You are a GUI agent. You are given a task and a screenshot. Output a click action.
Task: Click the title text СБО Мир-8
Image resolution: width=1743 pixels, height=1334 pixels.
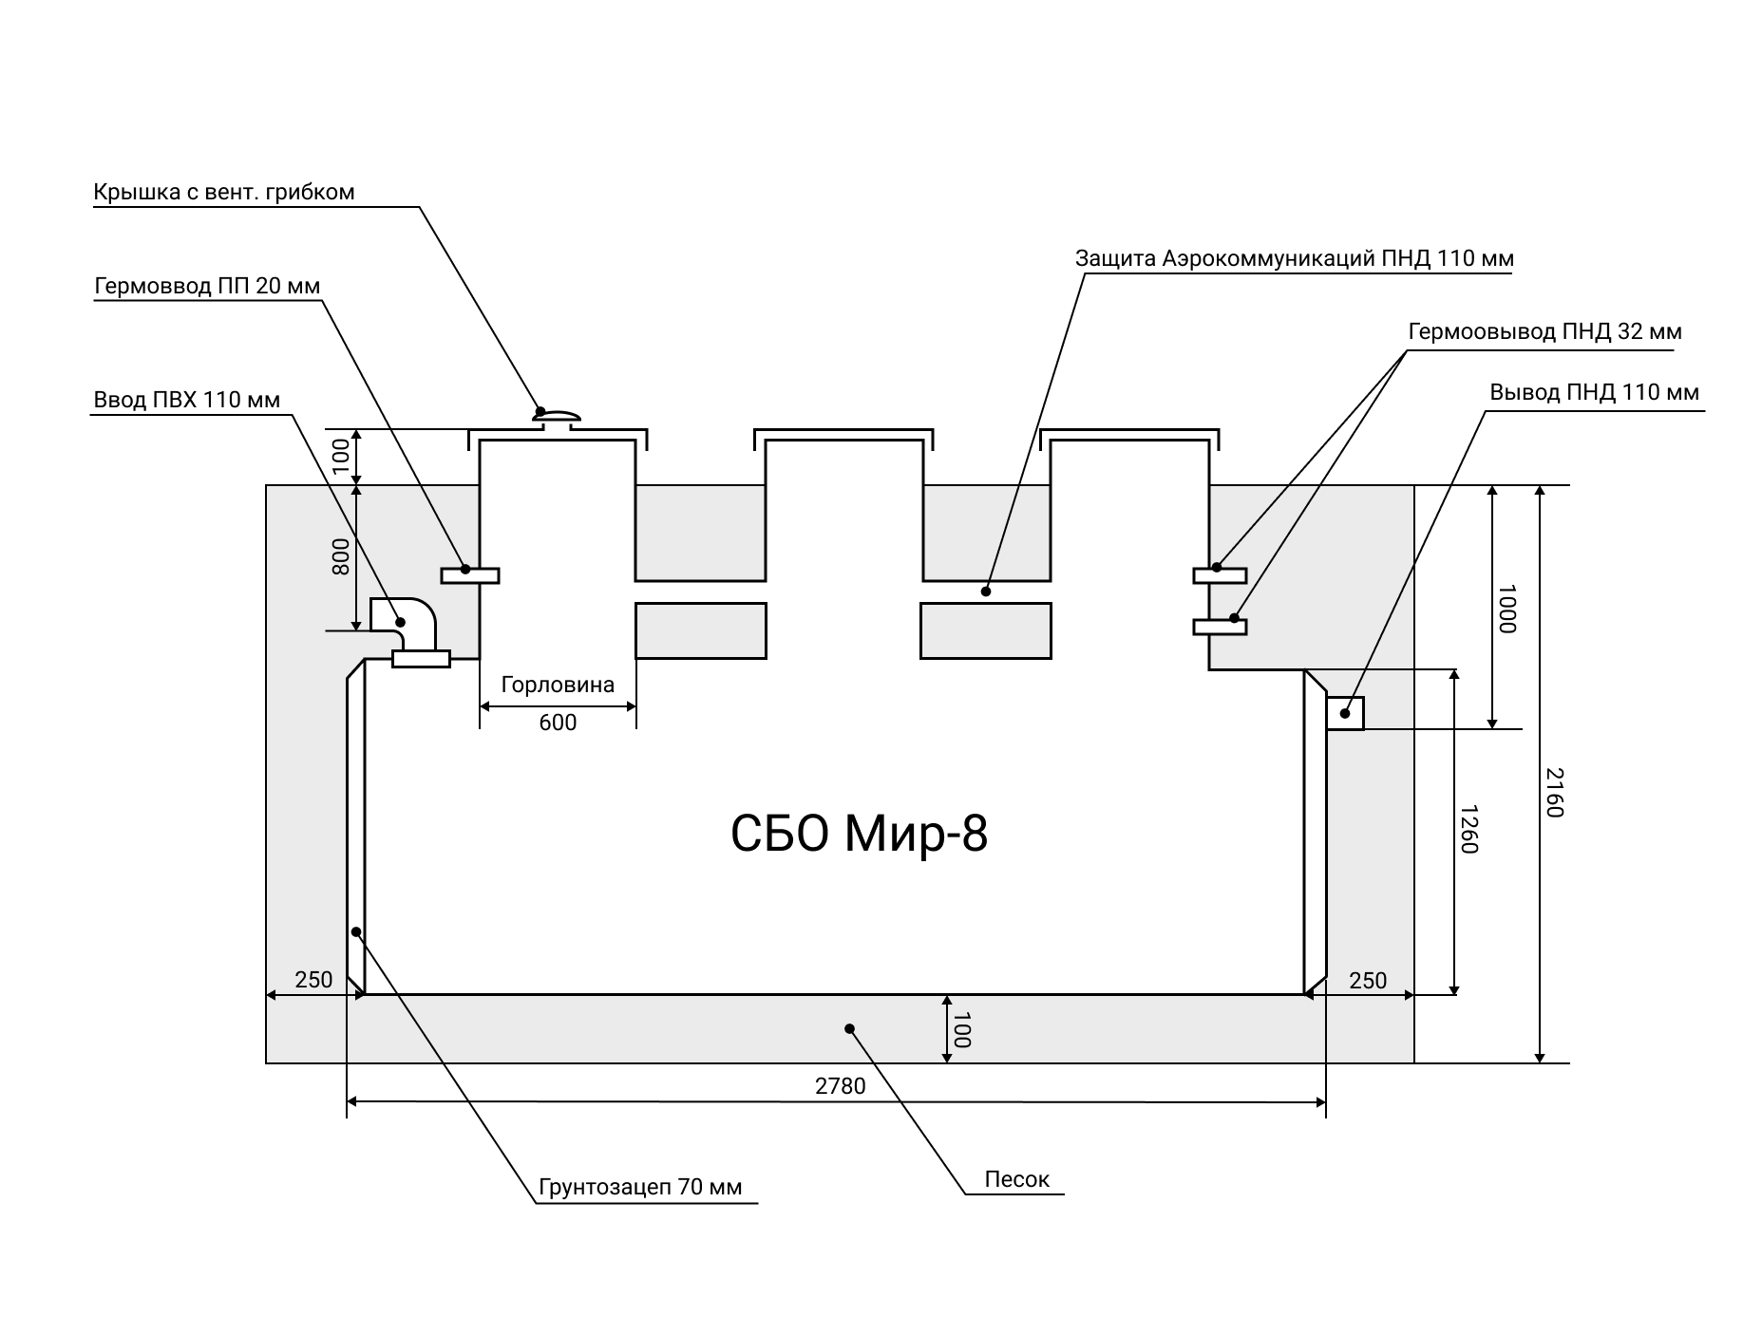click(859, 835)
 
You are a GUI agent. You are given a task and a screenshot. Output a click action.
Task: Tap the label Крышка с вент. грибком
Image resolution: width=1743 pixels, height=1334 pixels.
click(224, 193)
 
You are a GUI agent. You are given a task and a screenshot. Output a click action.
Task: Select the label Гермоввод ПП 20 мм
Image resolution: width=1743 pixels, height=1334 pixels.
click(207, 286)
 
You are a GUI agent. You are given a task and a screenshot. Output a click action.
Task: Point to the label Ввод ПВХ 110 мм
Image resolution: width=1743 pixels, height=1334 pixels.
click(187, 400)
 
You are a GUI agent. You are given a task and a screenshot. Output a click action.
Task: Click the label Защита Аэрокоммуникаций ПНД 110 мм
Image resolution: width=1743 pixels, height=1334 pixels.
click(1295, 259)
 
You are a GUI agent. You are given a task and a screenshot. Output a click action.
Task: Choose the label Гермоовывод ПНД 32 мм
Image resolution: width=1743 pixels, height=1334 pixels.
click(1544, 332)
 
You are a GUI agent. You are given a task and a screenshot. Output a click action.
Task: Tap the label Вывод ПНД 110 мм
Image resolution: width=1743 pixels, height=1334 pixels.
click(1594, 392)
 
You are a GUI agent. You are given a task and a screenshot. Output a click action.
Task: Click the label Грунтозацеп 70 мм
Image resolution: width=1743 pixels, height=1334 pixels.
click(640, 1188)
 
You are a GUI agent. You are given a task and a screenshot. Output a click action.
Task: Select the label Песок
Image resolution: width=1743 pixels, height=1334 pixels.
click(1017, 1179)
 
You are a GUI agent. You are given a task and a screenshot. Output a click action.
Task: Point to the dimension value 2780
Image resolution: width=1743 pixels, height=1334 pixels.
click(841, 1085)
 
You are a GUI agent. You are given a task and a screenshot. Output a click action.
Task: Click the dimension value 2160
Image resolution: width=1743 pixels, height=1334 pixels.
click(1553, 792)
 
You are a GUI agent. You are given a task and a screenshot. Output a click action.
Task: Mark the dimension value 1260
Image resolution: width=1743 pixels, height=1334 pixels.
click(1468, 829)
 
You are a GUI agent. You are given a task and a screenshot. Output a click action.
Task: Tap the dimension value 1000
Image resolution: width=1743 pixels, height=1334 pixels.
click(1506, 609)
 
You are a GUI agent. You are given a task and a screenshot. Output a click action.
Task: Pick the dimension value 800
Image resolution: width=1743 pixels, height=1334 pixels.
click(340, 556)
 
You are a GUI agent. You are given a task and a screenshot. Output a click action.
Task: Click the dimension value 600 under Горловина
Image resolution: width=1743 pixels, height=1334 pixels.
click(558, 723)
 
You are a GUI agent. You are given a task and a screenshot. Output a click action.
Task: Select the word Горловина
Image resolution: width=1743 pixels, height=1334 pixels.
click(558, 685)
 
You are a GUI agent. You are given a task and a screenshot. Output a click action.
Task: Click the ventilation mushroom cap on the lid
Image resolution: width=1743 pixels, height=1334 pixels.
click(557, 415)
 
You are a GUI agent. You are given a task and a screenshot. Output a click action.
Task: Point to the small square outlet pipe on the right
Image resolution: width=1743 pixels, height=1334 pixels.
click(1345, 713)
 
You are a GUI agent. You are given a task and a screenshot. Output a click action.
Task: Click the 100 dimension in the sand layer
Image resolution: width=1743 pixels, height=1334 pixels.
click(960, 1029)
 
